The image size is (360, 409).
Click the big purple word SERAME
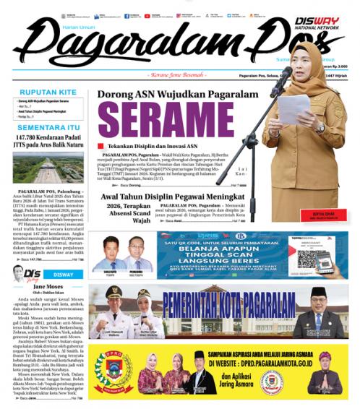170,119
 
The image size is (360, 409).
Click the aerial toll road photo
48,168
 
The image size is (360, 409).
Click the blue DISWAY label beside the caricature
63,275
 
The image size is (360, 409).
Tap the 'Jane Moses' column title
48,287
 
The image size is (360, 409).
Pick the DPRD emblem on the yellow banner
114,377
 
